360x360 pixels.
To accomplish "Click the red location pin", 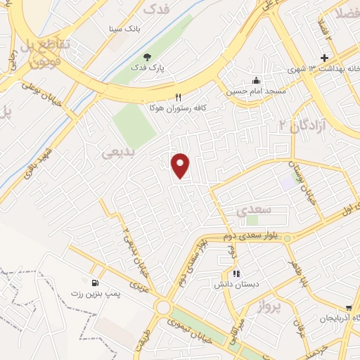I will [x=181, y=165].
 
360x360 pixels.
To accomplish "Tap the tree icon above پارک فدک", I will [x=147, y=57].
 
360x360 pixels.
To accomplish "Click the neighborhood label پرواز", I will [x=268, y=306].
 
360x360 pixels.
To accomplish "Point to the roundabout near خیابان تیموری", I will [x=164, y=307].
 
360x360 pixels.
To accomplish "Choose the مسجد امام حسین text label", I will [x=247, y=91].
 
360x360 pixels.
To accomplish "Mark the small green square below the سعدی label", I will [x=252, y=221].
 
